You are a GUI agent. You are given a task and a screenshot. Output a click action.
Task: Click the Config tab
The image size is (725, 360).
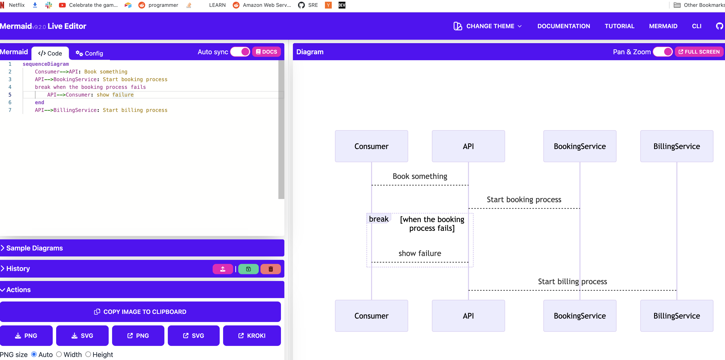tap(89, 53)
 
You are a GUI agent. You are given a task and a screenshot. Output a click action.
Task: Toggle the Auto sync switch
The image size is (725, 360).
tap(240, 52)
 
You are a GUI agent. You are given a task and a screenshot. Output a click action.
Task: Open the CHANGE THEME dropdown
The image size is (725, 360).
tap(488, 26)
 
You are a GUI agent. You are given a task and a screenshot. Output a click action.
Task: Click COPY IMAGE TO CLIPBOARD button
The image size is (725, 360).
tap(140, 312)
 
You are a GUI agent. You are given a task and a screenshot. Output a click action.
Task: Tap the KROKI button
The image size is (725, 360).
tap(252, 335)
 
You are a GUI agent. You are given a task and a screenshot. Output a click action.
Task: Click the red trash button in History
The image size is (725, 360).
tap(270, 269)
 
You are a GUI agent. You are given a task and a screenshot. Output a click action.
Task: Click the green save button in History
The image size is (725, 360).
tap(248, 269)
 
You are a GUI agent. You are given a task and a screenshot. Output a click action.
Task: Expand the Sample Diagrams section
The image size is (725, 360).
tap(34, 248)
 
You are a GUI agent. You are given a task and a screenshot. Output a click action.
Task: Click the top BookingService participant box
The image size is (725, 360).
tap(579, 146)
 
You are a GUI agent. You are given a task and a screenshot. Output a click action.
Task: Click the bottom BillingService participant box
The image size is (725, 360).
tap(676, 316)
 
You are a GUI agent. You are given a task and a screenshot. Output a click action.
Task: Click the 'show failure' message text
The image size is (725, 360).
tap(420, 253)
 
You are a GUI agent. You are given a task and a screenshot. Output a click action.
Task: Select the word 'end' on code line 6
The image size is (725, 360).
tap(39, 102)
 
